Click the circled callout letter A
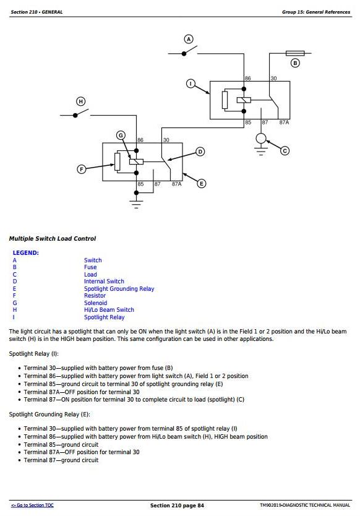(189, 39)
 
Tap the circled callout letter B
(295, 63)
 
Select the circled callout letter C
(285, 151)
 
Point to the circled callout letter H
(80, 101)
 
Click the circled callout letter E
(202, 183)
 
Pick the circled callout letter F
(81, 170)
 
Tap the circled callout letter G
(121, 135)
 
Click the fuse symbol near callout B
(295, 53)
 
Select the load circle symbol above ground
(261, 138)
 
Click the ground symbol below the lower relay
(136, 204)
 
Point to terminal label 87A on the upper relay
(284, 123)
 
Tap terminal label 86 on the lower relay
(140, 140)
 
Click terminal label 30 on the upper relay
(273, 79)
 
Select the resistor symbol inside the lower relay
(117, 161)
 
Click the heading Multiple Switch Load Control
(53, 239)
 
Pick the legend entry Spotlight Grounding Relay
(119, 288)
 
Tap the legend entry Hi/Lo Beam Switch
(109, 310)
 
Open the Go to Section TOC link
(32, 505)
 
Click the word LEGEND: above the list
(25, 252)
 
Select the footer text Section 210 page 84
(177, 505)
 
